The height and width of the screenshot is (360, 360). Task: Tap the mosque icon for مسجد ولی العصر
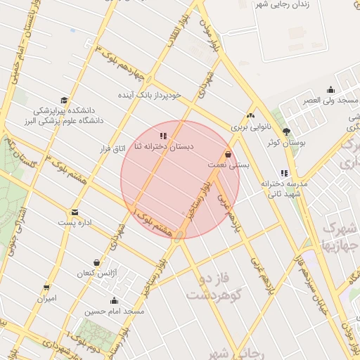click(331, 89)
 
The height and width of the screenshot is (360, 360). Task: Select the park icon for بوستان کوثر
click(285, 131)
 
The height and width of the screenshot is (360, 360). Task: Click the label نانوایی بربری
click(251, 128)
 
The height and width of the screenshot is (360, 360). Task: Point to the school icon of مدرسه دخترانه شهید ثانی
click(284, 172)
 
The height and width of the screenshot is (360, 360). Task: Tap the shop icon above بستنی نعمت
click(228, 154)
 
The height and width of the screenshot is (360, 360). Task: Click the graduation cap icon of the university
click(64, 101)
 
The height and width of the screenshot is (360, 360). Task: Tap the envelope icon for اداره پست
click(75, 212)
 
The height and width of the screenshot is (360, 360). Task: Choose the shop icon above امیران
click(46, 288)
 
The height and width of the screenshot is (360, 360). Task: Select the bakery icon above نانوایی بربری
click(251, 116)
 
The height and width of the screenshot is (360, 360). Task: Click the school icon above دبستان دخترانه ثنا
click(163, 135)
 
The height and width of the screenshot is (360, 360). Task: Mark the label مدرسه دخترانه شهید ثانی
click(281, 188)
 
